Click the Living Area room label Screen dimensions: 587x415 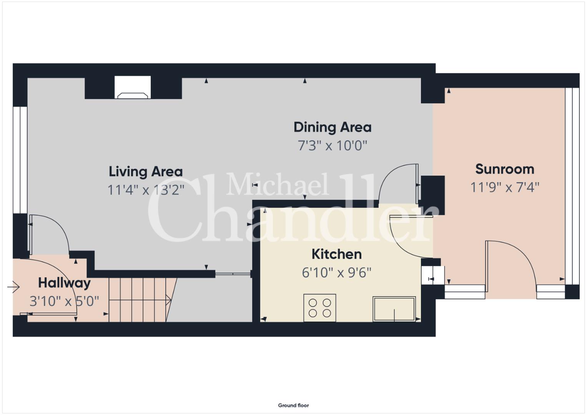click(146, 172)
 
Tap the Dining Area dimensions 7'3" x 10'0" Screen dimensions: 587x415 click(332, 146)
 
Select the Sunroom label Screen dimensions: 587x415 click(505, 169)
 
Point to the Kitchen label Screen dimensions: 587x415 click(337, 254)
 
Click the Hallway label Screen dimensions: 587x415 click(65, 283)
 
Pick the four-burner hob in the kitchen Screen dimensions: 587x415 click(320, 307)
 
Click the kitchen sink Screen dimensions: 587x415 click(394, 309)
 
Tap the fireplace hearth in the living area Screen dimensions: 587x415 click(133, 87)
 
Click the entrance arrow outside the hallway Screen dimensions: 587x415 click(13, 287)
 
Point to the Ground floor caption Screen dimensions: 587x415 click(294, 405)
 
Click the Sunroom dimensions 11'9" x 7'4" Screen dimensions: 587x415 click(505, 188)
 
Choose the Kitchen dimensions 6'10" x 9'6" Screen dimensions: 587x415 click(337, 273)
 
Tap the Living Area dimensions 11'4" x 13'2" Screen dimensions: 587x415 click(146, 190)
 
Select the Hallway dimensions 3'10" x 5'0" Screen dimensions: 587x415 click(65, 301)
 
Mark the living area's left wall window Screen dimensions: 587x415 click(20, 160)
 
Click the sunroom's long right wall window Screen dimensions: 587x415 click(572, 186)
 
